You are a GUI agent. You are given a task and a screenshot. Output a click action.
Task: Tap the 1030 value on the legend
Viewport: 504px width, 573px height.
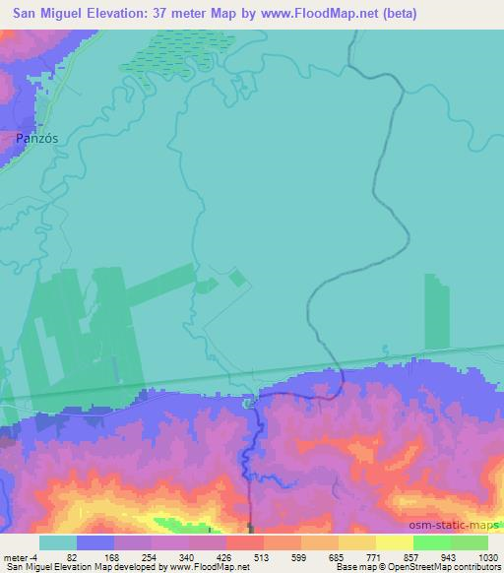point(475,556)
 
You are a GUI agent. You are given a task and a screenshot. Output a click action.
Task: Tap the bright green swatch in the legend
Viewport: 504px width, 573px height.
point(433,542)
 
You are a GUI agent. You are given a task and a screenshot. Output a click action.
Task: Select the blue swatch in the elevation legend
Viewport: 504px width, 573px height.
point(95,542)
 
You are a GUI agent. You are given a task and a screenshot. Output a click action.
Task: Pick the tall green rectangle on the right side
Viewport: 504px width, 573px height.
point(436,311)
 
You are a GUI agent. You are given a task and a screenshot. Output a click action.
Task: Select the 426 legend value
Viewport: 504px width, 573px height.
point(222,556)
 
